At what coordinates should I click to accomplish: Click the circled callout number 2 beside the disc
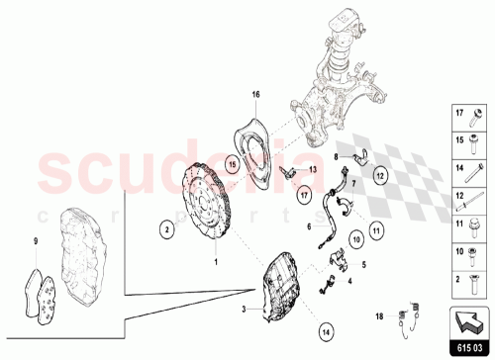tap(169, 228)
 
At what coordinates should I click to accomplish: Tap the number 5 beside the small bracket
tap(363, 264)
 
